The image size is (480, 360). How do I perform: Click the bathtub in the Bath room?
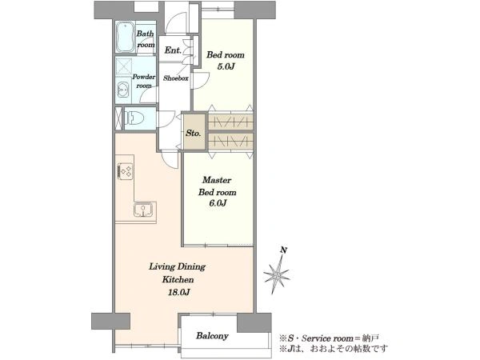point(126,37)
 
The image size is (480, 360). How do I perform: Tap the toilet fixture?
point(134,118)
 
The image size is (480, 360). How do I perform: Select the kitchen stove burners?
point(126,171)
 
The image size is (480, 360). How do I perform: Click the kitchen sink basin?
point(143,210)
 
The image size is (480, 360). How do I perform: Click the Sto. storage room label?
point(194,133)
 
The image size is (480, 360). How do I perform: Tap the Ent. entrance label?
point(173,50)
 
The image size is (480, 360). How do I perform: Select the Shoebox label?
point(176,78)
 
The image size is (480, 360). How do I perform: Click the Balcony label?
point(212,336)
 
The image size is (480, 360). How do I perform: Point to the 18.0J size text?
point(178,292)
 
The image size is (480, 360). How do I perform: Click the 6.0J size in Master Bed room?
point(218,203)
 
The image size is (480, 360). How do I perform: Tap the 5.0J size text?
point(226,66)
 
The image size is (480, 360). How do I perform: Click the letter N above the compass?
point(284,250)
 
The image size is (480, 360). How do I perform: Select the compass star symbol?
point(277,274)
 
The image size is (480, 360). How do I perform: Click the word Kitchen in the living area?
point(178,279)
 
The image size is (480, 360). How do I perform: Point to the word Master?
point(217,180)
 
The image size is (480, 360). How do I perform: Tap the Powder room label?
point(143,81)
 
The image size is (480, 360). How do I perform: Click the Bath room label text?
point(146,39)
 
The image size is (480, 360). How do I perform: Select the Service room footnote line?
point(329,338)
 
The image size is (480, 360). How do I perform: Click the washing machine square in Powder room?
point(124,66)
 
